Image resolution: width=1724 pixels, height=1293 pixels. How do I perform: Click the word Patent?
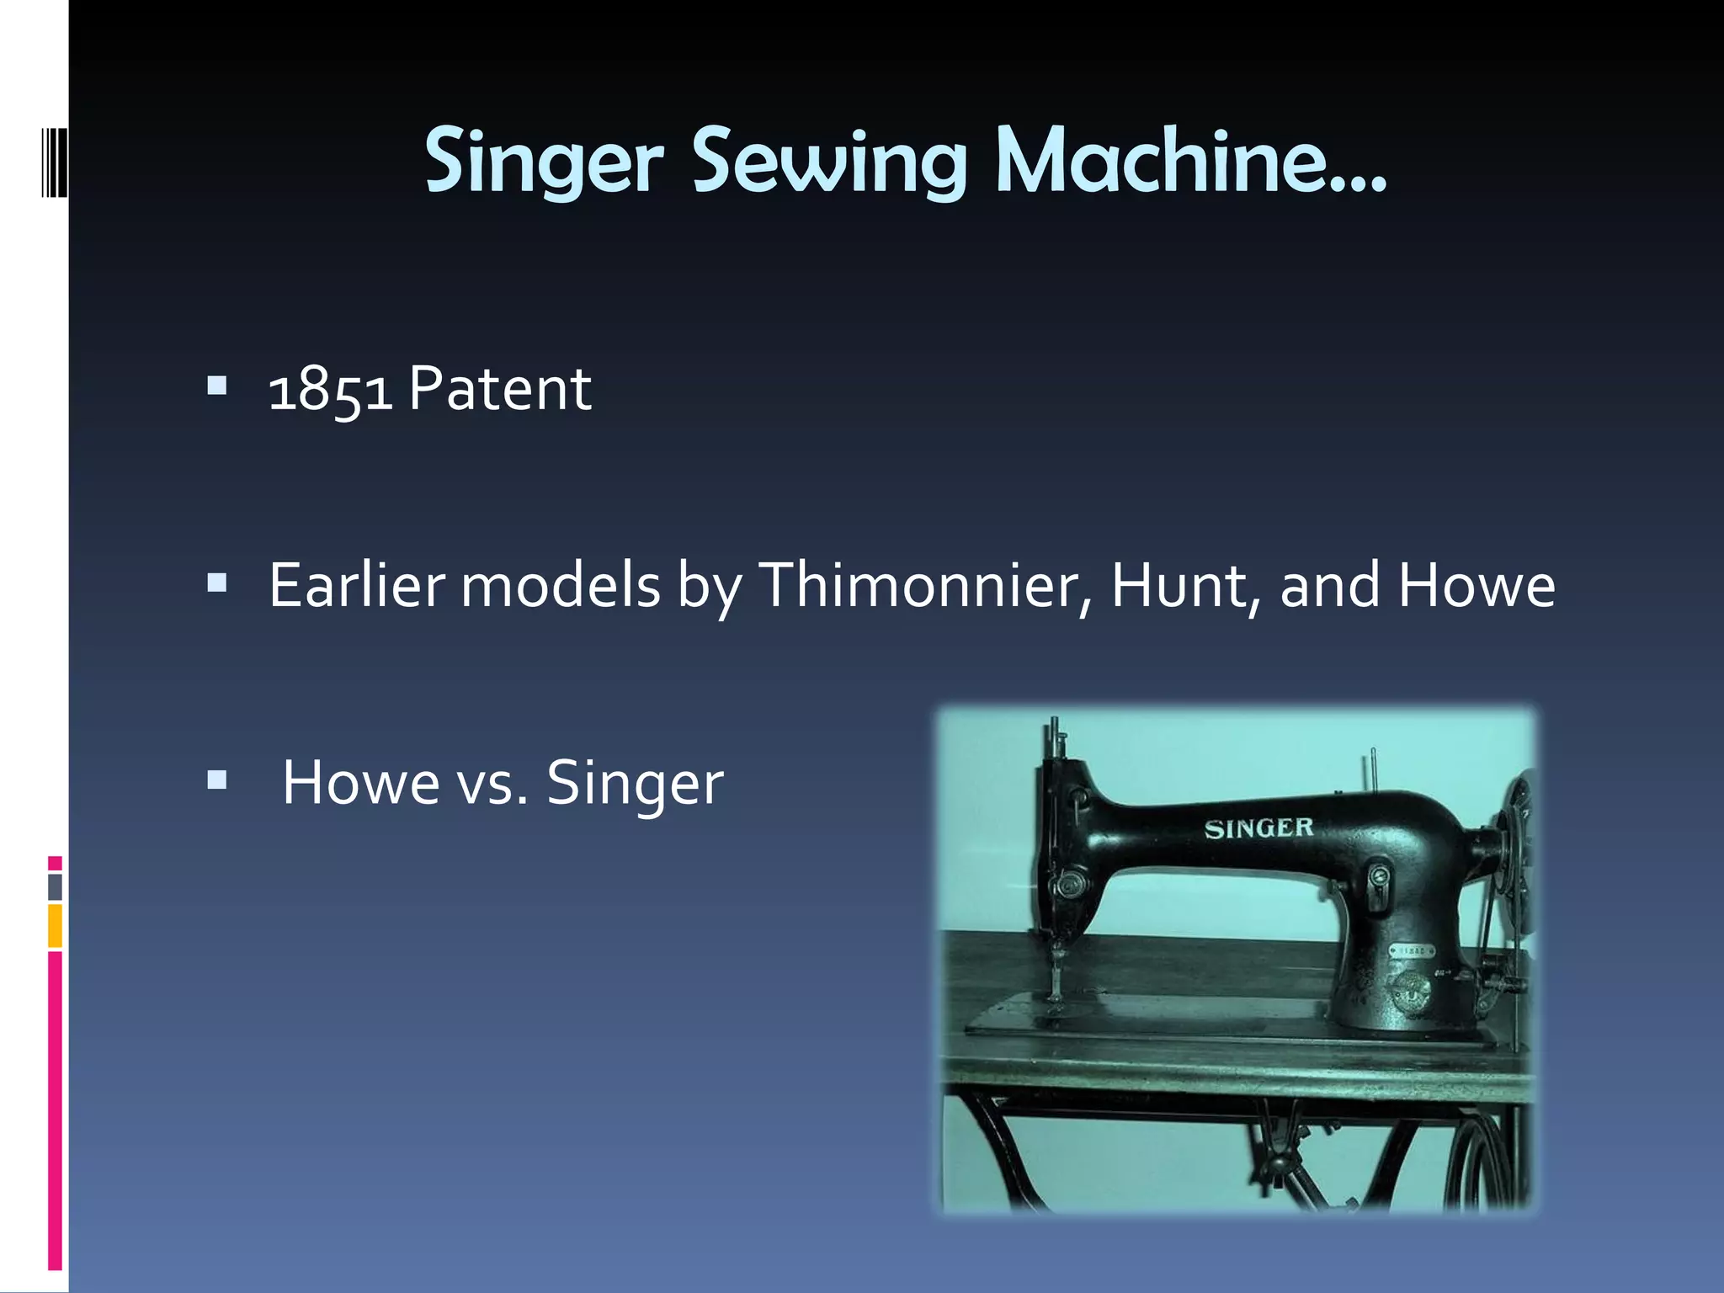click(x=500, y=389)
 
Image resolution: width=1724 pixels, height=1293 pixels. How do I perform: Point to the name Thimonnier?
click(x=926, y=585)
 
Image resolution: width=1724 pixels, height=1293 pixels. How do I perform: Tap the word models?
click(x=561, y=585)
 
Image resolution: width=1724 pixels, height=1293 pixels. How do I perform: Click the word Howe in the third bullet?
click(x=360, y=783)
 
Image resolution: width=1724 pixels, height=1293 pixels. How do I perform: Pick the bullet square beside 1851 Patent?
click(x=217, y=386)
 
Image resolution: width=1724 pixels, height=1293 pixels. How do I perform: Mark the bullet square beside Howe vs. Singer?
click(x=217, y=780)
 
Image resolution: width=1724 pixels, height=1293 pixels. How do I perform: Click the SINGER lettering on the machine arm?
click(x=1258, y=828)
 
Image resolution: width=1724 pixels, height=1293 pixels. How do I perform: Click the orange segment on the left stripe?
click(x=55, y=926)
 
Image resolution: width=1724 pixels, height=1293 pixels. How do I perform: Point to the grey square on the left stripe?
click(x=55, y=887)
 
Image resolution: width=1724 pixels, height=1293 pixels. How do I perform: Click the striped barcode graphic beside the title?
click(x=55, y=162)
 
